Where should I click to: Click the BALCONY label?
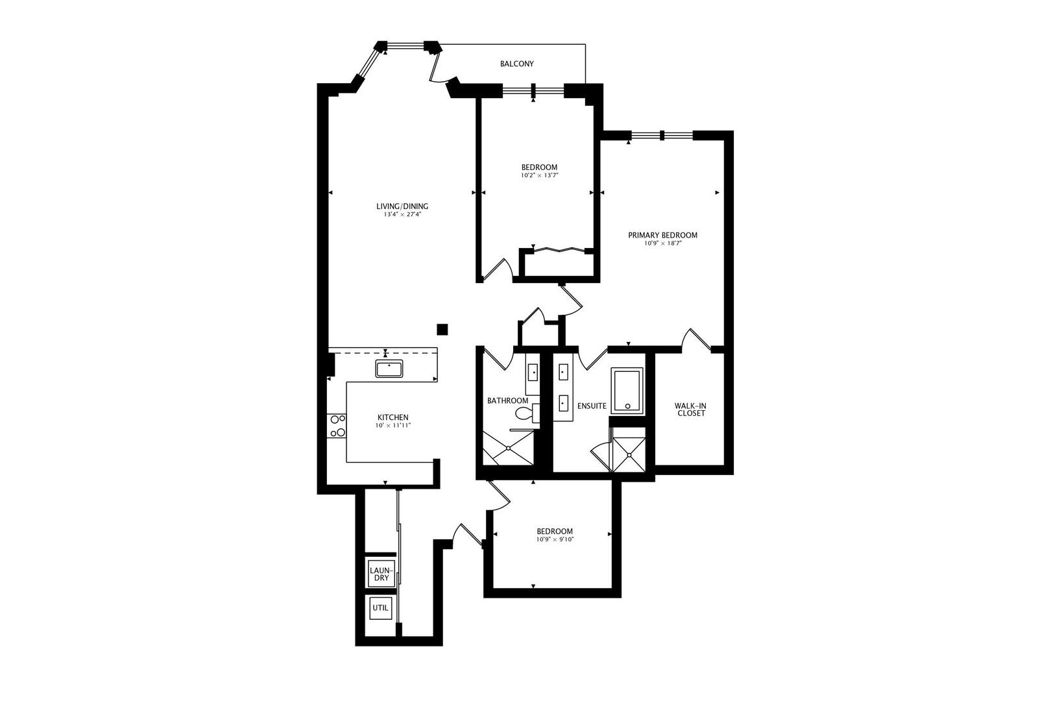(516, 64)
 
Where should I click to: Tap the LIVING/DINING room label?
(402, 206)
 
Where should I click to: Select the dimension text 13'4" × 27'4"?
(402, 214)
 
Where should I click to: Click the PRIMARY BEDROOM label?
(662, 235)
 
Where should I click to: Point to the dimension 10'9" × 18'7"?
(662, 243)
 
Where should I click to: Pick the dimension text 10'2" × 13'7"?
(539, 175)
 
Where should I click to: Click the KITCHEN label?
(393, 417)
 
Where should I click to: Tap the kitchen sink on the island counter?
(389, 368)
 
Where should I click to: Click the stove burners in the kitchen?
(337, 426)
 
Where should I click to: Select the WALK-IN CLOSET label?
(691, 410)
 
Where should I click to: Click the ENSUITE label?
(592, 406)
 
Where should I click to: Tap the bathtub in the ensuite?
(627, 391)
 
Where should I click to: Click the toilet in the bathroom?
(523, 413)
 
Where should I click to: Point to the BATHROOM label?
(507, 400)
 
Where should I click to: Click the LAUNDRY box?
(380, 574)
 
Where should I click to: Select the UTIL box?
(380, 608)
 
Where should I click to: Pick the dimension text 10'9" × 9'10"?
(555, 539)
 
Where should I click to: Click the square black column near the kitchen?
(442, 329)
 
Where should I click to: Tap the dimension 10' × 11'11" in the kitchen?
(393, 426)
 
